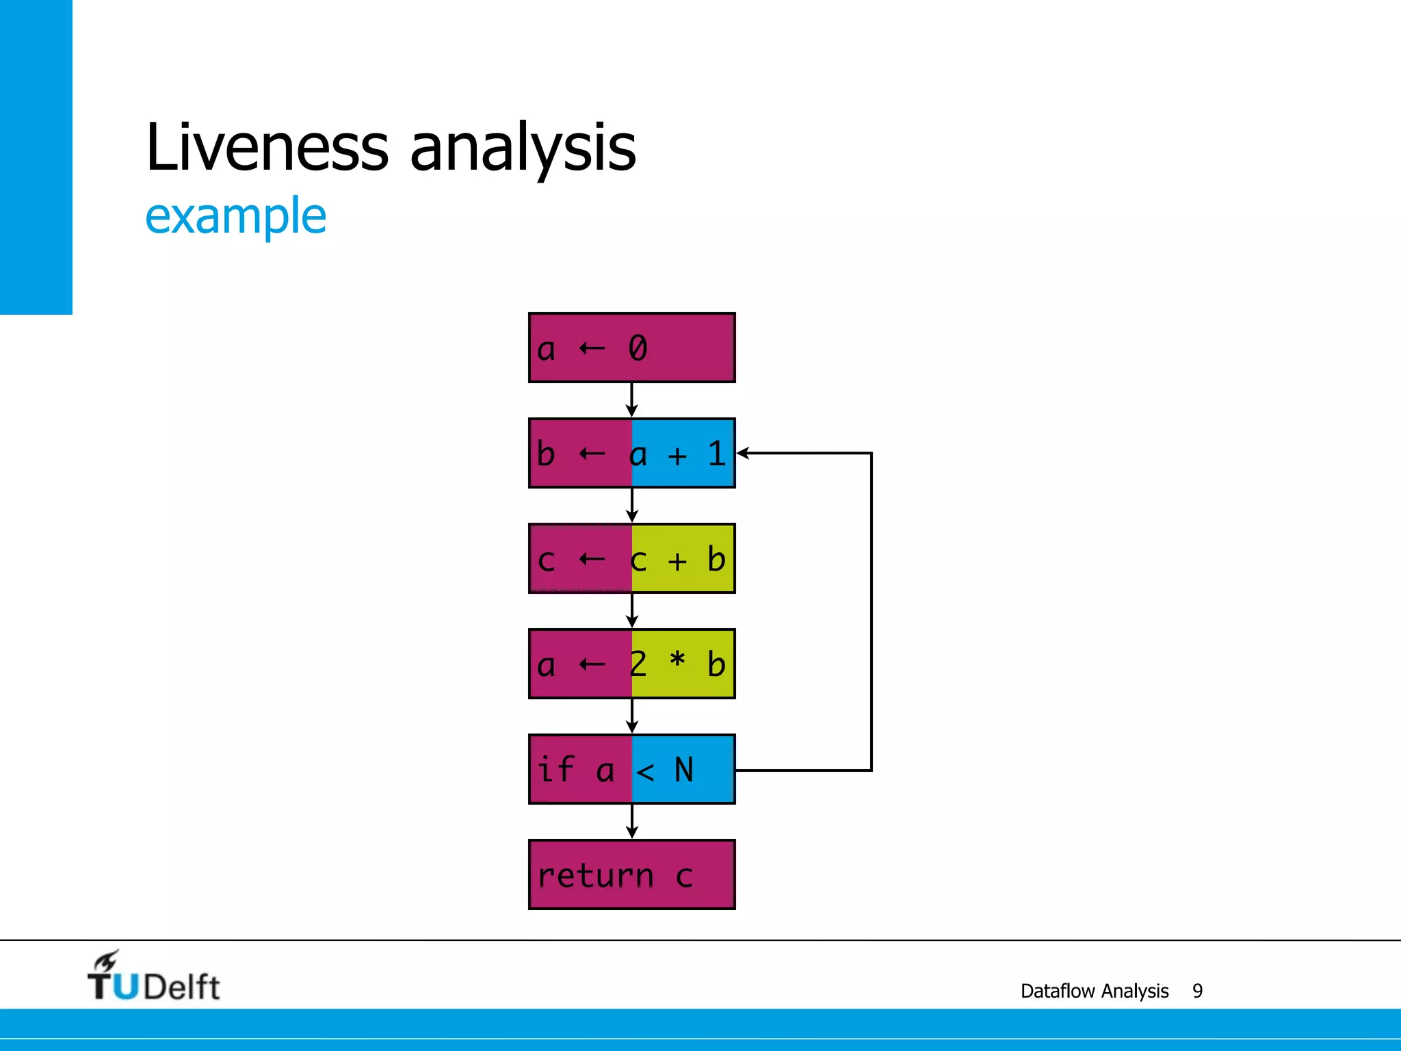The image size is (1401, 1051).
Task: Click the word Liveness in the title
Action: point(267,146)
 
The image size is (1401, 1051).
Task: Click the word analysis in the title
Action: point(523,148)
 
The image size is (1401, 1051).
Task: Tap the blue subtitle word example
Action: point(235,216)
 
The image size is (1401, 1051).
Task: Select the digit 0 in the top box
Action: point(638,348)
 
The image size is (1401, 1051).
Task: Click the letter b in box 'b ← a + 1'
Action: point(545,454)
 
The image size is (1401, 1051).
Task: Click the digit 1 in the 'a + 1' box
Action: point(716,454)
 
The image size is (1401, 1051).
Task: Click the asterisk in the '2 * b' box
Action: point(677,661)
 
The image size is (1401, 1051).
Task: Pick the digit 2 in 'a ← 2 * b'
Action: point(638,664)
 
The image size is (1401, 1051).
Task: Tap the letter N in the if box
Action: point(683,770)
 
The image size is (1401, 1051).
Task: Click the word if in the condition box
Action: point(555,769)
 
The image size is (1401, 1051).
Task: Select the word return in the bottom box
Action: point(595,876)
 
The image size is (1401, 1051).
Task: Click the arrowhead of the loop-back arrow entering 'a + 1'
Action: point(743,453)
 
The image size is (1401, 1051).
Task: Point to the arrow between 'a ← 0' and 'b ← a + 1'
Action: point(631,400)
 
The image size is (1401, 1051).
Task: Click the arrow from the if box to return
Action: point(631,822)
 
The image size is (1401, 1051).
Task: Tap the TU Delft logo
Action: point(153,977)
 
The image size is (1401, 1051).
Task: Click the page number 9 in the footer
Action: point(1197,991)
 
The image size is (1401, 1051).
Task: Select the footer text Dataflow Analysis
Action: point(1094,991)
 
